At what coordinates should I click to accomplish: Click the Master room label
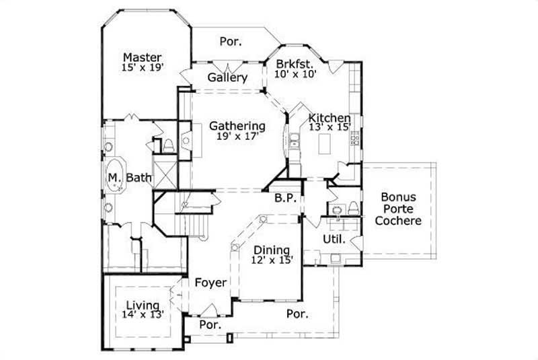tap(142, 57)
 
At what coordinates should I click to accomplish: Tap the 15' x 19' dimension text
tap(143, 68)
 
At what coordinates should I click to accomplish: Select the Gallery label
tap(227, 77)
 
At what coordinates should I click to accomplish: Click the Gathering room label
tap(236, 126)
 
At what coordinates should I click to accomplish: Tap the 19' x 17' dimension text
tap(236, 137)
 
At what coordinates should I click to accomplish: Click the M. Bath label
tap(130, 178)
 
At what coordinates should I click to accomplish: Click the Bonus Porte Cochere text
tap(398, 209)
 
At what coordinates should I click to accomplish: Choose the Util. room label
tap(334, 239)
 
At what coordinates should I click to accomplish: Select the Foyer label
tap(210, 283)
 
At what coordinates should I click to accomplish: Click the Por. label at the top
tap(231, 42)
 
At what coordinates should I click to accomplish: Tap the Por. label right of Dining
tap(297, 314)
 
